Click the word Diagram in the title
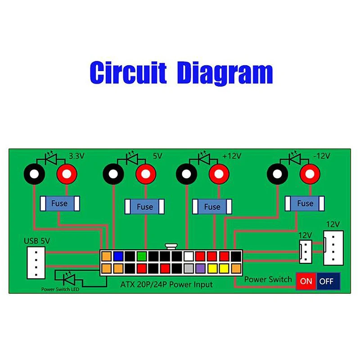225,73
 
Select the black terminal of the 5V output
112,174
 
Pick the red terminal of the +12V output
219,174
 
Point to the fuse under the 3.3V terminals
59,203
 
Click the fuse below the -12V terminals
305,203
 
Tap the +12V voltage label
232,156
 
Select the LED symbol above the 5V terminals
131,158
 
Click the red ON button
306,281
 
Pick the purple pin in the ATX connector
200,269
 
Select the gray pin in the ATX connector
189,269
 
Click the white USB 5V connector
36,262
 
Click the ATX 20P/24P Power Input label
166,284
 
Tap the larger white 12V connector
333,248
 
